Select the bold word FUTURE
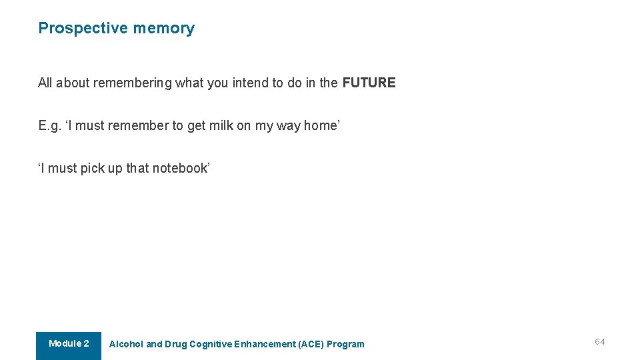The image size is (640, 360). tap(369, 83)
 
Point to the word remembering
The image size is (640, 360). tap(132, 83)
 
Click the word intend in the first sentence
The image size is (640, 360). tap(250, 83)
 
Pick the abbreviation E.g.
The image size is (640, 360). tap(50, 125)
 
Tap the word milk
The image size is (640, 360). tap(221, 125)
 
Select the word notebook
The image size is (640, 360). tap(180, 168)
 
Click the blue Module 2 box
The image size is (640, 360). tap(69, 345)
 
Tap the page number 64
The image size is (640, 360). tap(600, 342)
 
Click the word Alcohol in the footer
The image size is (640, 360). tap(126, 345)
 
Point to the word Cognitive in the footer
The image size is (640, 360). tap(211, 345)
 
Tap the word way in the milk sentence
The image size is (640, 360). tap(289, 125)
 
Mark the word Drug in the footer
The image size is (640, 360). tap(175, 345)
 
